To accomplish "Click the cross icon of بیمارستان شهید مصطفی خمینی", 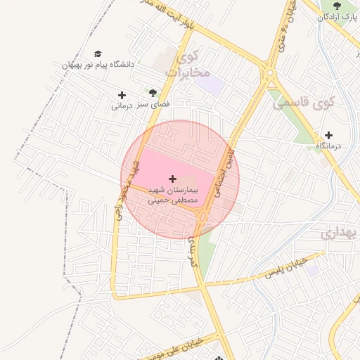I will [173, 180].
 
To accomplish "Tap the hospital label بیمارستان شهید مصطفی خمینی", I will [173, 195].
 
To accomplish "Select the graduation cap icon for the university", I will [98, 54].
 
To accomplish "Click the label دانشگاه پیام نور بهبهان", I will [98, 65].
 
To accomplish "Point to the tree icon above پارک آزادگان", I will [337, 6].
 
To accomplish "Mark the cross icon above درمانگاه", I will [328, 135].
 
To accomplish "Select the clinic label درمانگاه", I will [328, 146].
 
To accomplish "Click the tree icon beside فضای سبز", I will [153, 93].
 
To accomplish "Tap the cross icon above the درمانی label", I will [122, 95].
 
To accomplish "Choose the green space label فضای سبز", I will [157, 103].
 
